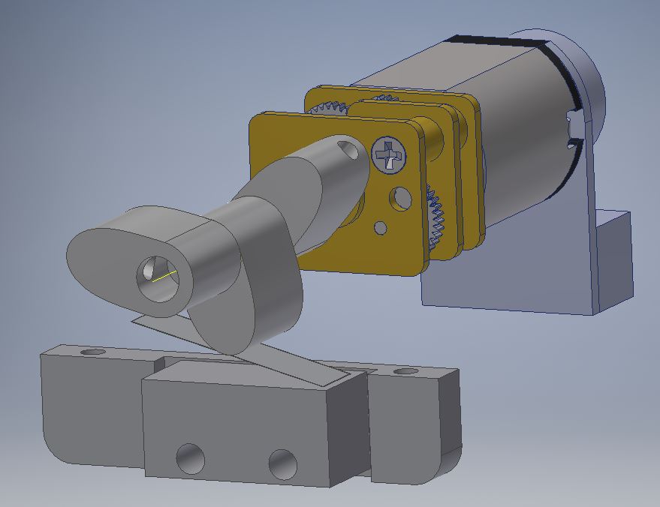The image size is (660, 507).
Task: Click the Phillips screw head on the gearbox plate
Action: point(388,154)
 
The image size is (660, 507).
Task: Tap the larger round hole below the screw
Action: point(401,199)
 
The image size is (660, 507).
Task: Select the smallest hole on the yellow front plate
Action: point(381,227)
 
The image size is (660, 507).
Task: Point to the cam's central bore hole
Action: point(158,279)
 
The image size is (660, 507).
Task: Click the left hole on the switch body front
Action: point(190,458)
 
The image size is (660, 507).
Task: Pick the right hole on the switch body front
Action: point(282,464)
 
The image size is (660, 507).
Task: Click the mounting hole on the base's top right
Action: point(405,371)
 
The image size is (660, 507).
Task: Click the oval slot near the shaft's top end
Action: point(348,150)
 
